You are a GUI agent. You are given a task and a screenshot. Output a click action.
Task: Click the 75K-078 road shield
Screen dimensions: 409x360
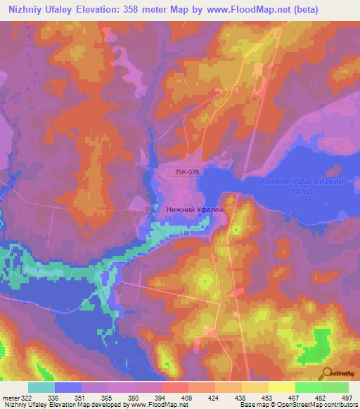click(186, 171)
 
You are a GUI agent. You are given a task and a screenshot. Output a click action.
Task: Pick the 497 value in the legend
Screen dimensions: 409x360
click(346, 397)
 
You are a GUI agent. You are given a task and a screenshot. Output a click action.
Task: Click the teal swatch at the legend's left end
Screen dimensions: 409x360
click(41, 387)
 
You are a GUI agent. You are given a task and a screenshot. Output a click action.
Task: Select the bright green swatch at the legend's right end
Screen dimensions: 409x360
click(335, 387)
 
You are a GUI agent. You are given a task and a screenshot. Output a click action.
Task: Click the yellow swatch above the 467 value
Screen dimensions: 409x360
click(282, 387)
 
